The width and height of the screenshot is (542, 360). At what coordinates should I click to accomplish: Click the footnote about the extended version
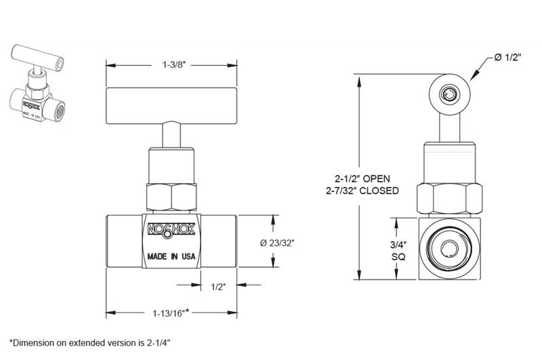click(x=89, y=342)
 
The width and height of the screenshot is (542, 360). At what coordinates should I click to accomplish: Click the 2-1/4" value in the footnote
click(x=157, y=342)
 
